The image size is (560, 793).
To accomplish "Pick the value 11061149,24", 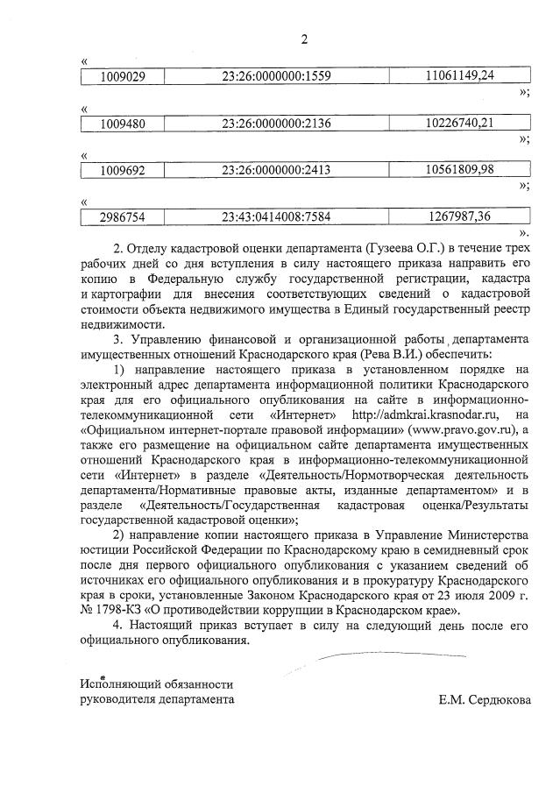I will point(459,75).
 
